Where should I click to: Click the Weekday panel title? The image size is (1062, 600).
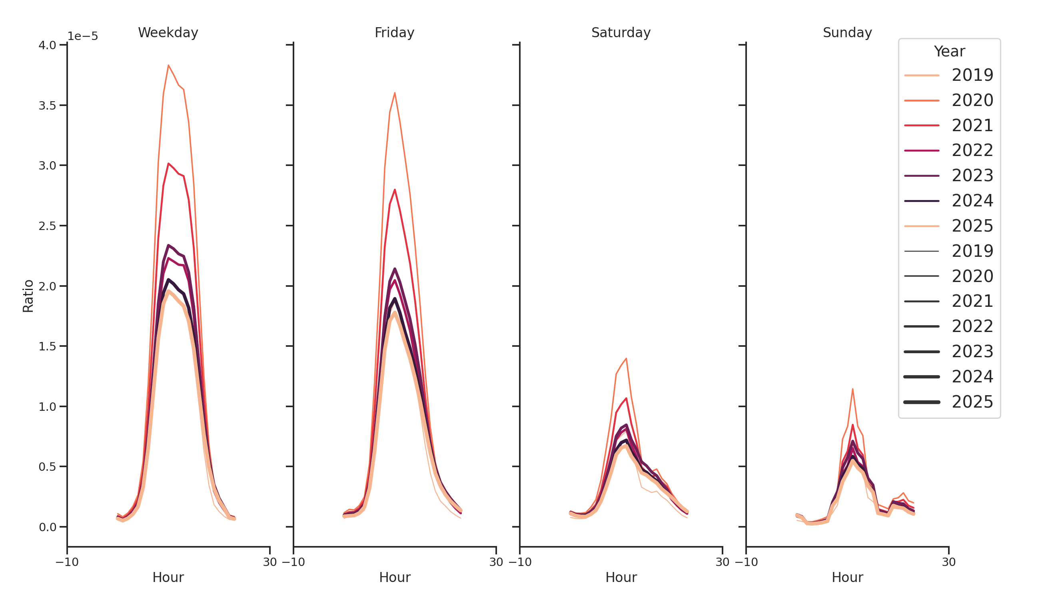click(168, 32)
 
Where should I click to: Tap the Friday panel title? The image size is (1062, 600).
click(394, 32)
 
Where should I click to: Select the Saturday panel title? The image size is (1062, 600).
click(621, 32)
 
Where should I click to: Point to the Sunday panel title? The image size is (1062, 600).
click(847, 32)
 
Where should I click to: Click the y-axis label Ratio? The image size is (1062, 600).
click(28, 296)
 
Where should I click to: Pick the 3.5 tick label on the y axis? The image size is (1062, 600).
click(47, 106)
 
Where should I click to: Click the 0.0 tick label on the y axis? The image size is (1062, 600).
click(47, 527)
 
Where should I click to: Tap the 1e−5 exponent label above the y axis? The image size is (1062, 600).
click(82, 36)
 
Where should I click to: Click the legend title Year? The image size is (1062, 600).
click(949, 52)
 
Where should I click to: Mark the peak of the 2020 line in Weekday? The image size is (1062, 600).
click(168, 65)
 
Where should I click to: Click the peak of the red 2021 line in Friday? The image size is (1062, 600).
click(395, 190)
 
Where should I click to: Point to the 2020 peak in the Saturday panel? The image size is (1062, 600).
click(626, 358)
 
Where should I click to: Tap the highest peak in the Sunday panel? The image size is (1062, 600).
click(852, 389)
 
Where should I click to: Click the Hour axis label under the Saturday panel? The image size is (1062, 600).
click(621, 577)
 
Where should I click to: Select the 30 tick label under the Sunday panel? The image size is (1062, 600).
click(948, 562)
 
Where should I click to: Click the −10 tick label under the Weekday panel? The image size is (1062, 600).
click(67, 562)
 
